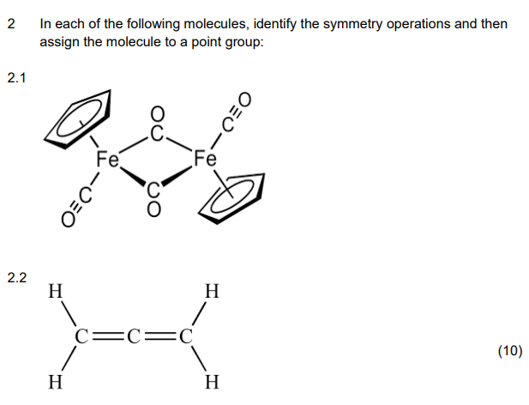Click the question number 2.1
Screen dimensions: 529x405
(x=16, y=79)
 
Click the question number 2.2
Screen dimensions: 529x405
(x=16, y=277)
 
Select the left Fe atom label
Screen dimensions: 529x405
(x=108, y=160)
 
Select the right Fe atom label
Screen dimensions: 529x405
(x=206, y=160)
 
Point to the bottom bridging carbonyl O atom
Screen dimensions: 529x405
(x=154, y=211)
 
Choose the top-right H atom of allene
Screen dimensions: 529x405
(x=212, y=291)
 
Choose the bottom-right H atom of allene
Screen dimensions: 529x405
(x=212, y=380)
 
